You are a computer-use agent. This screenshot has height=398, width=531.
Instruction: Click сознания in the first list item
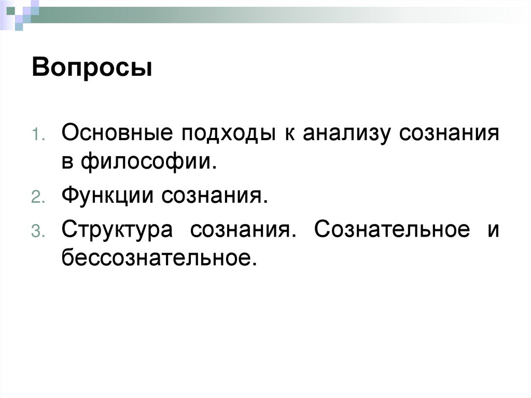[x=450, y=133]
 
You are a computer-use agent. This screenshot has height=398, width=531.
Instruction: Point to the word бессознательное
[x=159, y=257]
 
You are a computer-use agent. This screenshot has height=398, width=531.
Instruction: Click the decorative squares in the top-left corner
[x=19, y=12]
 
